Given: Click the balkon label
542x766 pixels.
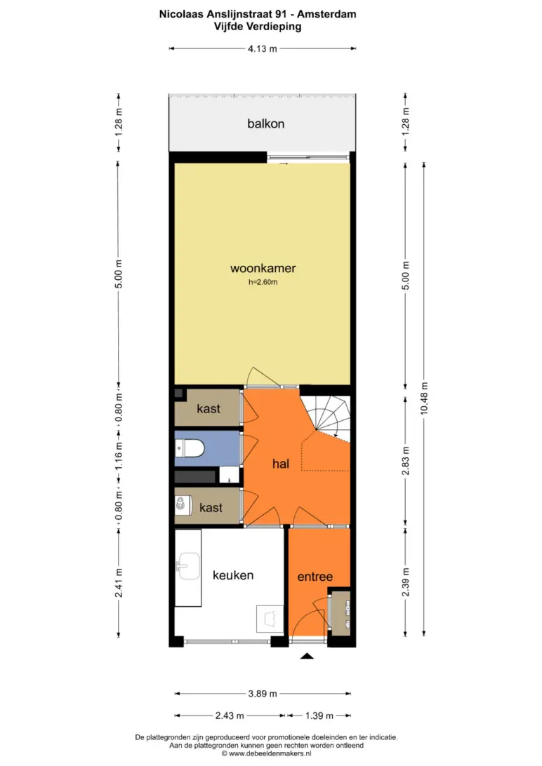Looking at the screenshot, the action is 265,123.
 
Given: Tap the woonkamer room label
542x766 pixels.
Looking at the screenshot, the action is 263,268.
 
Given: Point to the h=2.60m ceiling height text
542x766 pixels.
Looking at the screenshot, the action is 263,282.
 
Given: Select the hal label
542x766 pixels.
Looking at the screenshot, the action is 281,464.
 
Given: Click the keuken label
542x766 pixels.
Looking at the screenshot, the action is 233,575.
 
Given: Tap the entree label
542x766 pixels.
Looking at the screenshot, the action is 315,577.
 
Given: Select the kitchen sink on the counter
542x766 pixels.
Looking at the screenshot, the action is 187,566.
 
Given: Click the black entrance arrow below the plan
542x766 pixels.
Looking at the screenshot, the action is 306,656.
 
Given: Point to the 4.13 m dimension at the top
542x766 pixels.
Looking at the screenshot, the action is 263,48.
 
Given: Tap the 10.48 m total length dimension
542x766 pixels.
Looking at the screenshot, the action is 424,398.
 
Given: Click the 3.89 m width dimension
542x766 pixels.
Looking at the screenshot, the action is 263,693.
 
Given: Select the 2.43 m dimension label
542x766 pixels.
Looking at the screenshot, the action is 230,715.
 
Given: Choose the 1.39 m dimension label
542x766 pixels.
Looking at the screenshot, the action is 319,715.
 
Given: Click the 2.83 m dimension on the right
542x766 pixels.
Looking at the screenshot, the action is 405,461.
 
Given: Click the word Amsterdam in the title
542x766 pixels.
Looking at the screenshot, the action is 326,14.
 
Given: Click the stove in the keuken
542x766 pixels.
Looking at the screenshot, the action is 270,619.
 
